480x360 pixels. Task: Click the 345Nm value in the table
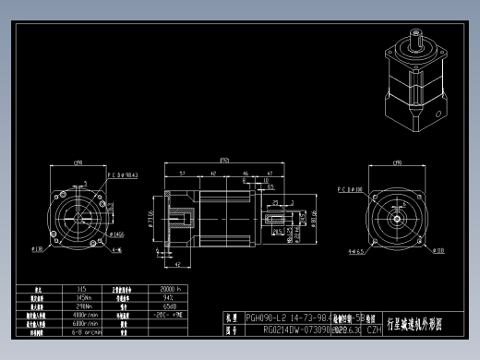pyautogui.click(x=84, y=298)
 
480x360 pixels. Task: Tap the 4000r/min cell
pyautogui.click(x=84, y=315)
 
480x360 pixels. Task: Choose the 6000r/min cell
pyautogui.click(x=84, y=324)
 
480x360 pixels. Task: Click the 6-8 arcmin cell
pyautogui.click(x=84, y=332)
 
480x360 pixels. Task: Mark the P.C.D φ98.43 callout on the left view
pyautogui.click(x=121, y=173)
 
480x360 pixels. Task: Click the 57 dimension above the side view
pyautogui.click(x=183, y=173)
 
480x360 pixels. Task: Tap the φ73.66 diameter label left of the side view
pyautogui.click(x=150, y=218)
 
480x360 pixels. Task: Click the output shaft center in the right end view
pyautogui.click(x=400, y=220)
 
